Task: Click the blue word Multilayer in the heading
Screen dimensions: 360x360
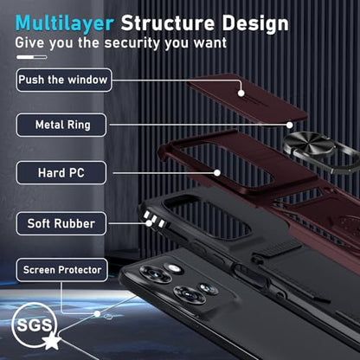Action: click(65, 23)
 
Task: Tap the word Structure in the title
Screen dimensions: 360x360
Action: click(167, 22)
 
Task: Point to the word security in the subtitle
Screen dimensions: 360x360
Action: click(132, 42)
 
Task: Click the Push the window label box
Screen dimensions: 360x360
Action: click(64, 80)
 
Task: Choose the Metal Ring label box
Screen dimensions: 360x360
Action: click(61, 125)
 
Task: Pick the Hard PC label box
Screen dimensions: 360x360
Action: click(61, 173)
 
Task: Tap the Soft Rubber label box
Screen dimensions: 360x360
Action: click(61, 223)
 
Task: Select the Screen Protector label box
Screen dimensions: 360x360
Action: click(62, 270)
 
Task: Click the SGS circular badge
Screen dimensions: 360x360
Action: click(34, 325)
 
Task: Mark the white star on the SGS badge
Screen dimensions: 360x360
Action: click(52, 340)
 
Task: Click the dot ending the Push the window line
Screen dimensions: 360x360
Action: click(241, 93)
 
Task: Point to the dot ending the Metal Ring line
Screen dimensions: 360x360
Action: click(290, 125)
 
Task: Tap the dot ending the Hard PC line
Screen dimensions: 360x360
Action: click(217, 173)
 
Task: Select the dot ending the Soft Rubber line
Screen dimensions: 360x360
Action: click(149, 223)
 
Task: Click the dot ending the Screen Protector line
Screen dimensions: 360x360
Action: click(98, 313)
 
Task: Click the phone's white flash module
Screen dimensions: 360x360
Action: click(173, 267)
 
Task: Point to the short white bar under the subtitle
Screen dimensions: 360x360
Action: click(32, 57)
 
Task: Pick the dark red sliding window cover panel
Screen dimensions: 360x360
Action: click(247, 97)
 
